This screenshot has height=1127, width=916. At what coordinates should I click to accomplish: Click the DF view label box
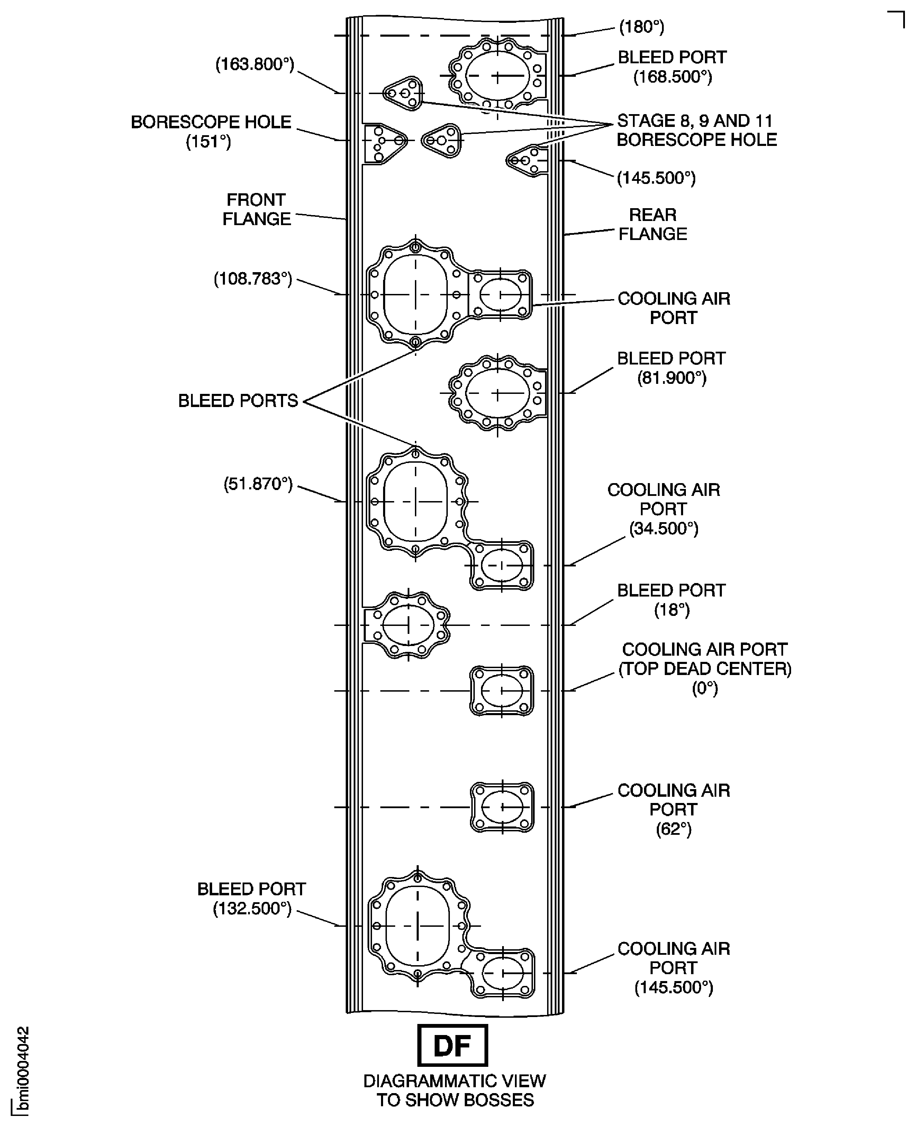point(452,1045)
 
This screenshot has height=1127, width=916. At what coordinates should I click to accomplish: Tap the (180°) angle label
point(641,27)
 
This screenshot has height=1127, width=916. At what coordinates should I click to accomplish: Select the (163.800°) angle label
point(254,64)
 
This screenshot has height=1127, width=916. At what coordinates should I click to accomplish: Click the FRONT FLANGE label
point(256,209)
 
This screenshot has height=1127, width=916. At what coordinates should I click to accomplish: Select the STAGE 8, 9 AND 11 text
point(695,121)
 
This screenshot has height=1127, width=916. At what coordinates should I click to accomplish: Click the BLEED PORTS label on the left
point(238,401)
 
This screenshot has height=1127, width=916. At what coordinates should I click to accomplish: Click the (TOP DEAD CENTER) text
point(705,669)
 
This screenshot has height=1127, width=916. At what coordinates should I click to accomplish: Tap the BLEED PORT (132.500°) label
point(252,899)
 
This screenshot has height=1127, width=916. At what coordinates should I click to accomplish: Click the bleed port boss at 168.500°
point(497,76)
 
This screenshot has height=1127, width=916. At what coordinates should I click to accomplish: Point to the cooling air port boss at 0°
point(501,690)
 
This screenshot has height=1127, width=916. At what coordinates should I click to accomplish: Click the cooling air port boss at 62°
point(502,807)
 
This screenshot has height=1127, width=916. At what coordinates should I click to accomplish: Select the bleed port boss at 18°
point(408,625)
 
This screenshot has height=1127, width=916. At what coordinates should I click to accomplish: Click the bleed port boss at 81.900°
point(497,393)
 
